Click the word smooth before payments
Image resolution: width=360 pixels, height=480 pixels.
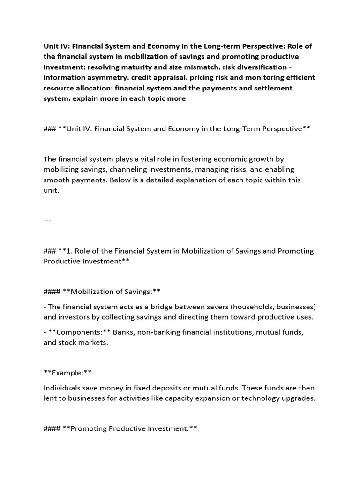point(57,180)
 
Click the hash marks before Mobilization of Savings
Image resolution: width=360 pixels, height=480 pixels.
point(52,292)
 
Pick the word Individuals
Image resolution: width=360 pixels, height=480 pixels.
point(62,388)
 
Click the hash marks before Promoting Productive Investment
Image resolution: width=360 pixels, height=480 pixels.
point(52,428)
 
